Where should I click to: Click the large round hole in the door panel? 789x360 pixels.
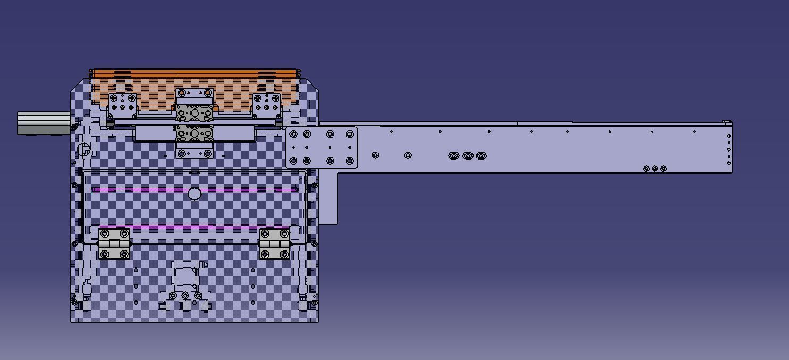tap(195, 194)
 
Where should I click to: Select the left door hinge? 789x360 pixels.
tap(114, 244)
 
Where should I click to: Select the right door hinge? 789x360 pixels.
tap(275, 244)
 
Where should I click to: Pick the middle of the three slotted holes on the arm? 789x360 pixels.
tap(468, 155)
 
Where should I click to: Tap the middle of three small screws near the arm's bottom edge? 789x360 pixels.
tap(655, 169)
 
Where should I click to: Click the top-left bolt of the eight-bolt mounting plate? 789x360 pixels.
tap(294, 134)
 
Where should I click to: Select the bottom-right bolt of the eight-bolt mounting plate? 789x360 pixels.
tap(350, 161)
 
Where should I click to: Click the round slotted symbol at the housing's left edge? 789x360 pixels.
tap(84, 149)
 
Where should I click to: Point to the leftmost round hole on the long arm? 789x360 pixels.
tap(375, 155)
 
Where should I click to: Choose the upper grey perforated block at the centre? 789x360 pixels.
tap(194, 113)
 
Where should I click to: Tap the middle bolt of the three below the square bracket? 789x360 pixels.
tap(185, 295)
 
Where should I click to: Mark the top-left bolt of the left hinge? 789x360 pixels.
tap(104, 234)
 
